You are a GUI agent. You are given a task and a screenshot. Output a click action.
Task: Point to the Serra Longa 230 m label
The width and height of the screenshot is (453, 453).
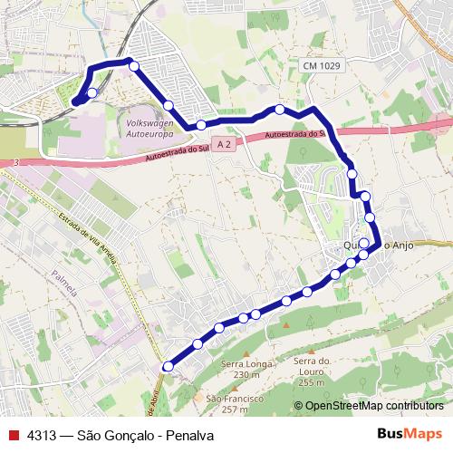[x=241, y=370]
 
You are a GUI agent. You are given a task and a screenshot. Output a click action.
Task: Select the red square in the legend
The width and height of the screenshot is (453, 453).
[x=13, y=435]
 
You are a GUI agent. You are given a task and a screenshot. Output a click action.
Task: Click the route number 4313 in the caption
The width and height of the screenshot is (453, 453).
[x=42, y=435]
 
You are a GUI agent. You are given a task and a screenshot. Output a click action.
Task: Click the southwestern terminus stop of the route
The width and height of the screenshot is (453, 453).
[x=167, y=366]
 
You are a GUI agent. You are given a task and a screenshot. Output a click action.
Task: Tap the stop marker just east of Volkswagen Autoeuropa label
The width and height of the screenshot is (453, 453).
[x=201, y=125]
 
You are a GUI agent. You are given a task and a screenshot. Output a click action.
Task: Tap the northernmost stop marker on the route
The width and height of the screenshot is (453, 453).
[x=133, y=65]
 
